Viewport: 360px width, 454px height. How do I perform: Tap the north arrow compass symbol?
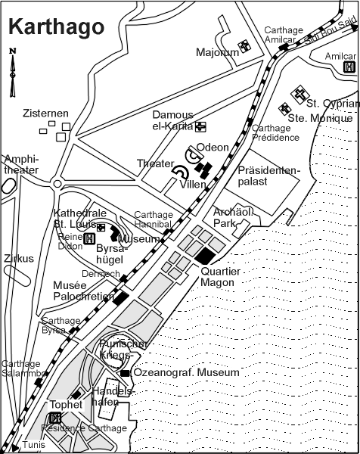click(12, 73)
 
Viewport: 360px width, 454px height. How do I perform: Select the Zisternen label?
click(45, 113)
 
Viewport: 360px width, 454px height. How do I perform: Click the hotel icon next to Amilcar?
click(349, 67)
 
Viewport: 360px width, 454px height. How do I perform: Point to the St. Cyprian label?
click(333, 104)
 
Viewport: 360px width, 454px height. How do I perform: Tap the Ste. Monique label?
click(321, 118)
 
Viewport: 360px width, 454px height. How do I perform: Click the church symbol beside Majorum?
click(244, 46)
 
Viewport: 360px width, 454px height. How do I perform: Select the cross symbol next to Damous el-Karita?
click(200, 127)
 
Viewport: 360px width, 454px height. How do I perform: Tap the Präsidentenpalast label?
click(268, 176)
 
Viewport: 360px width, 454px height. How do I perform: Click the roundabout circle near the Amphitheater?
click(57, 184)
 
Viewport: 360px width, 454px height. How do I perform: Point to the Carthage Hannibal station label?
click(154, 219)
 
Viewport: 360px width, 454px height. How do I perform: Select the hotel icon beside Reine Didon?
click(89, 239)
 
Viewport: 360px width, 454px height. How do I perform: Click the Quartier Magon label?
click(220, 277)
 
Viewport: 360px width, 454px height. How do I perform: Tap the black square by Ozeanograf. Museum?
click(125, 374)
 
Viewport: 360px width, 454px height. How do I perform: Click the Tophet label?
click(66, 405)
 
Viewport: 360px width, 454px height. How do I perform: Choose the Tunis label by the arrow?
click(34, 444)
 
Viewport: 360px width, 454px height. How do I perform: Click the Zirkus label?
click(19, 258)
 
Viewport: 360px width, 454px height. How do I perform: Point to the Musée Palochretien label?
click(84, 291)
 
